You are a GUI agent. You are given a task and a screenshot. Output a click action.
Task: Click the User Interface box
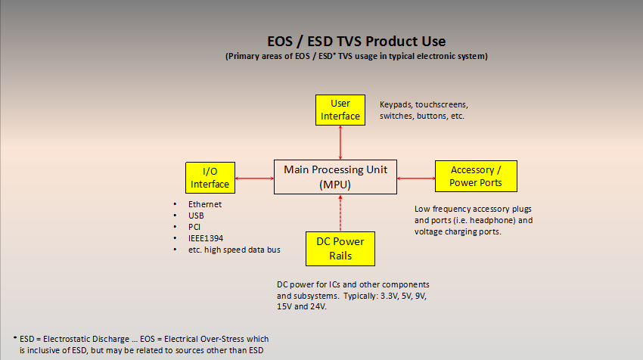340,110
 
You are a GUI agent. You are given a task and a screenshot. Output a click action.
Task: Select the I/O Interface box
210,178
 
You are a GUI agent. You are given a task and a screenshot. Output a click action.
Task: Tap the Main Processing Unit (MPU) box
335,177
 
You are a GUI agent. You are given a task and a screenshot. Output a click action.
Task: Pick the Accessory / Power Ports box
476,176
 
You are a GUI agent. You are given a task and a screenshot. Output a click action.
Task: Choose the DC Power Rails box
340,249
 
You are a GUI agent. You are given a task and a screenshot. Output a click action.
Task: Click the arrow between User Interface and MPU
340,143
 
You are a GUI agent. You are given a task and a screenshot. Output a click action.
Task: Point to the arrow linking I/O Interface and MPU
255,178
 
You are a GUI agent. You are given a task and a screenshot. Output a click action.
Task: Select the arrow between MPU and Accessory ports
416,178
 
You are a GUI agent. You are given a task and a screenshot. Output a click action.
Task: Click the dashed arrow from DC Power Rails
340,213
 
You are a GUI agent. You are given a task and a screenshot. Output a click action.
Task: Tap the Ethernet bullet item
205,204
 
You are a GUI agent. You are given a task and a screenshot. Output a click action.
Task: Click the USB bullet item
196,216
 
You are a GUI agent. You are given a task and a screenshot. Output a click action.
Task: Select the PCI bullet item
194,227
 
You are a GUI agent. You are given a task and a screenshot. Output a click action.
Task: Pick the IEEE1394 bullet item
206,238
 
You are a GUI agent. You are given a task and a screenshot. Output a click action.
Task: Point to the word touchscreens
442,104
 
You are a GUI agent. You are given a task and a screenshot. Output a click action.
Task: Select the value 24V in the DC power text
318,307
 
